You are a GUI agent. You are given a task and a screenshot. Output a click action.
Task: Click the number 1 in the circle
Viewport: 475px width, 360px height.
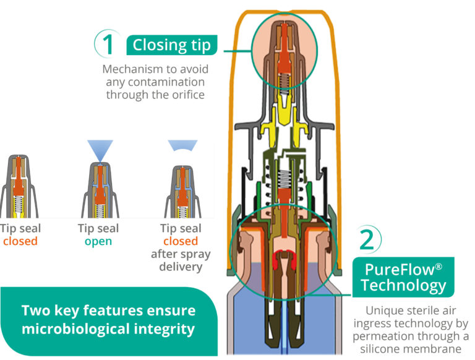(x=108, y=45)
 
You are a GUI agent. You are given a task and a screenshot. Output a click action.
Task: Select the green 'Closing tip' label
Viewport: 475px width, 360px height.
(x=171, y=45)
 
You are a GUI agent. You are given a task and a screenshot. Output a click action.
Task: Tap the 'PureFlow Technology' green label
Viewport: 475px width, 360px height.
(x=403, y=276)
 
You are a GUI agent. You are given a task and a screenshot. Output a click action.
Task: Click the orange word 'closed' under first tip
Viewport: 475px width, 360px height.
(x=20, y=241)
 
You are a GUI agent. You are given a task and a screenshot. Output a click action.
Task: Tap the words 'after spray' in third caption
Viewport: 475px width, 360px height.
(x=181, y=254)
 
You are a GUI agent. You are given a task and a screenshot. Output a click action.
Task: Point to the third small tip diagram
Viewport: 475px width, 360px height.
(x=181, y=186)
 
